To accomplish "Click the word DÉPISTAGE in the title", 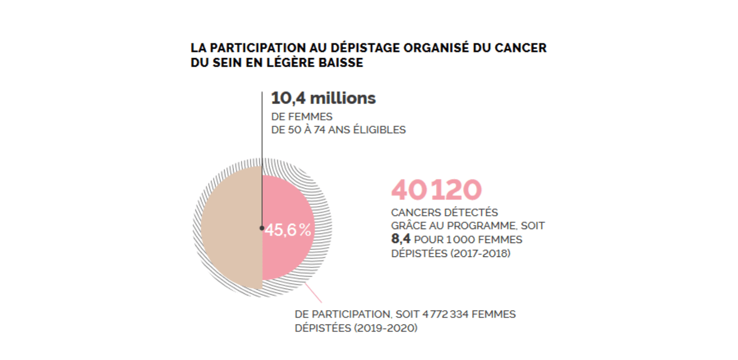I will tap(365, 48).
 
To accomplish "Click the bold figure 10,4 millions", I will tap(323, 98).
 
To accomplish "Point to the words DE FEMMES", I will tap(301, 117).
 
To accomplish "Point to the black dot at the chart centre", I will tap(262, 228).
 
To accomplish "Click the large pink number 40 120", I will tap(436, 189).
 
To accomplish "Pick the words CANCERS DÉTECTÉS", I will tap(444, 212).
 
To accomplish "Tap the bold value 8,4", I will tap(400, 239).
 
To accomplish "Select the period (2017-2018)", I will tap(481, 253).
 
